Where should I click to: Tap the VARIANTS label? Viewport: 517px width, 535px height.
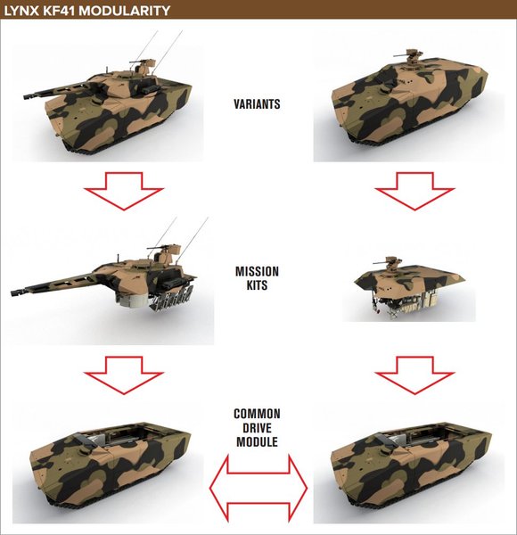tap(257, 104)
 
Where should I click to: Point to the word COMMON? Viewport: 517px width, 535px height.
tap(257, 414)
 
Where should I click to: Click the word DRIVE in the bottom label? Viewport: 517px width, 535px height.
tap(257, 428)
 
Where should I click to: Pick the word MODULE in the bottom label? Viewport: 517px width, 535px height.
tap(257, 442)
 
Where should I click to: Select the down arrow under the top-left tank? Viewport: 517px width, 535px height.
tap(123, 191)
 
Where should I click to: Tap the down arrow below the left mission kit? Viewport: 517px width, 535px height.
tap(123, 373)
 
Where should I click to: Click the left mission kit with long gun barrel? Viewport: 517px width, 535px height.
tap(116, 276)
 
